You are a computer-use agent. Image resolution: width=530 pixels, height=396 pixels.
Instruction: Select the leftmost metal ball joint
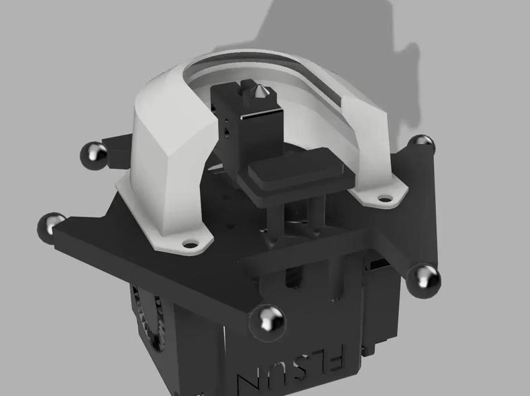(52, 225)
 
